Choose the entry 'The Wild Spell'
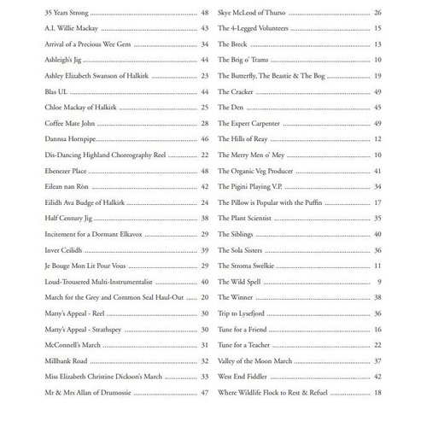pyautogui.click(x=240, y=281)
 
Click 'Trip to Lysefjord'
pyautogui.click(x=243, y=313)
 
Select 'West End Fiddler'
pyautogui.click(x=244, y=376)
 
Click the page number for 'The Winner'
pyautogui.click(x=377, y=296)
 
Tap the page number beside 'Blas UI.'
pyautogui.click(x=205, y=91)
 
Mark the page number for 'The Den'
pyautogui.click(x=377, y=108)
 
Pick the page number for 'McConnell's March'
pyautogui.click(x=205, y=344)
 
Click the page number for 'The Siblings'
pyautogui.click(x=377, y=234)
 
